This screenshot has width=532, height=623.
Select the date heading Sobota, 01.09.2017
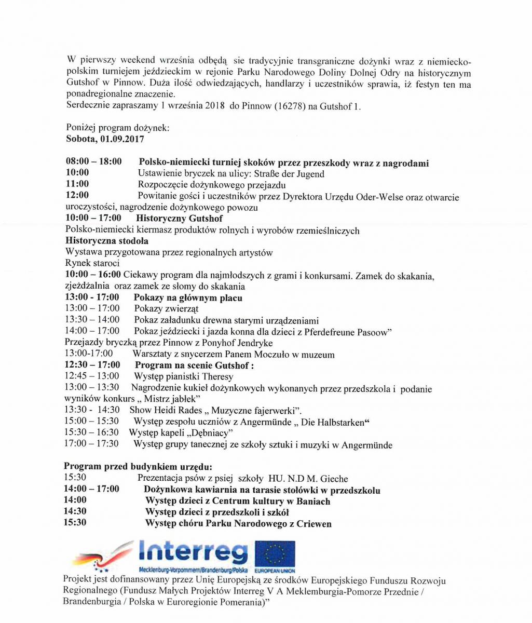[105, 139]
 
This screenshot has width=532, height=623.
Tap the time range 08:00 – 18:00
[93, 162]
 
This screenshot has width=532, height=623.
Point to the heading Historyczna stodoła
[107, 241]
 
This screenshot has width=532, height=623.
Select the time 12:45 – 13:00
[92, 376]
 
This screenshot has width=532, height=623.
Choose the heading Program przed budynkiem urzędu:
[138, 467]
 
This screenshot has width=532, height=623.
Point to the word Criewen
[314, 523]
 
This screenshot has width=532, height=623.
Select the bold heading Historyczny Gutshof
[179, 219]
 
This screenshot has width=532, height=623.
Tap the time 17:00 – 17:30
[92, 444]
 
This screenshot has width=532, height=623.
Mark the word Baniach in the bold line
[313, 501]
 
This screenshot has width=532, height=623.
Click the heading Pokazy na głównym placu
[188, 298]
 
